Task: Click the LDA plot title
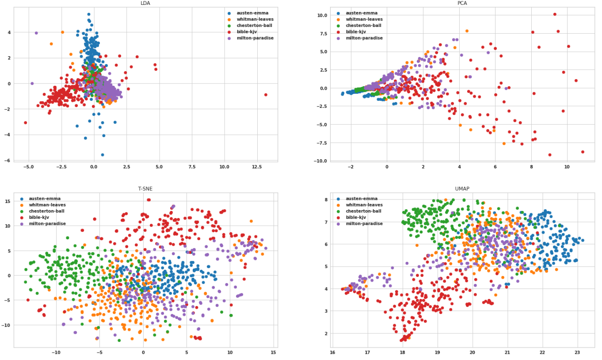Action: tap(145, 3)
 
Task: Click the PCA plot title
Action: tap(462, 3)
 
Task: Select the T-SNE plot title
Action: tap(145, 188)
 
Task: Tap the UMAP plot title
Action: tap(462, 188)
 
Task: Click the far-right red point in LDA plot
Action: tap(266, 95)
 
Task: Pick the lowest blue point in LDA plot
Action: tap(103, 155)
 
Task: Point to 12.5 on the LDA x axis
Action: tap(257, 168)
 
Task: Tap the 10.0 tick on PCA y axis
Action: tap(321, 15)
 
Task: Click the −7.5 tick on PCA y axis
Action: tap(321, 143)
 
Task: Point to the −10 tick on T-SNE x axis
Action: tap(56, 352)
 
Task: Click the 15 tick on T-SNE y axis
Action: tap(8, 201)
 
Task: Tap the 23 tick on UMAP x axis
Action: tap(577, 352)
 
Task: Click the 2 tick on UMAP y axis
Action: tap(326, 333)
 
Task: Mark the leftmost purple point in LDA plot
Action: tap(32, 83)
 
